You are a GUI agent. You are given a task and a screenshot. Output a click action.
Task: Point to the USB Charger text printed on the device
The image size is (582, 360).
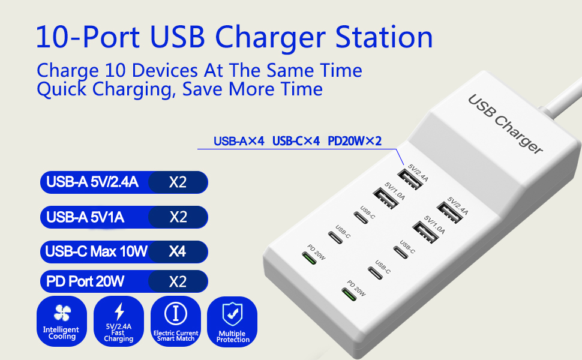[505, 123]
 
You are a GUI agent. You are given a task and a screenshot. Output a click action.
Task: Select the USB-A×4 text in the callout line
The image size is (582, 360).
[239, 141]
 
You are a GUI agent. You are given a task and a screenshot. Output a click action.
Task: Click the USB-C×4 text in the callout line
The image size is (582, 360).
[296, 141]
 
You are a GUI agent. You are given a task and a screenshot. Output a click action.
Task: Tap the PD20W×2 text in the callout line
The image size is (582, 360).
[355, 141]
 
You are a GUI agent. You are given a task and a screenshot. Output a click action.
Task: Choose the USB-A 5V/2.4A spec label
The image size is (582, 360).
[92, 182]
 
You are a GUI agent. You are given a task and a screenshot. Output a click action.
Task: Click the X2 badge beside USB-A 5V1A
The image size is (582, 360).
[178, 217]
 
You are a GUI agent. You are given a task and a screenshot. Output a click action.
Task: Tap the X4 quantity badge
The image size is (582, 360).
[178, 251]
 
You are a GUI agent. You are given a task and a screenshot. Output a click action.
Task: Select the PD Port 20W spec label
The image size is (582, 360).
[85, 281]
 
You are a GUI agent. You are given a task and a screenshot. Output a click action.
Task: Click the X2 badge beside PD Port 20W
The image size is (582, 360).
[178, 281]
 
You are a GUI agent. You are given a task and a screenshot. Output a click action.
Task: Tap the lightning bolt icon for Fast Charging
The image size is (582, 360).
[119, 311]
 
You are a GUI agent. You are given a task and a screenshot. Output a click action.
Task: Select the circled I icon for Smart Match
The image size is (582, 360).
[175, 313]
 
